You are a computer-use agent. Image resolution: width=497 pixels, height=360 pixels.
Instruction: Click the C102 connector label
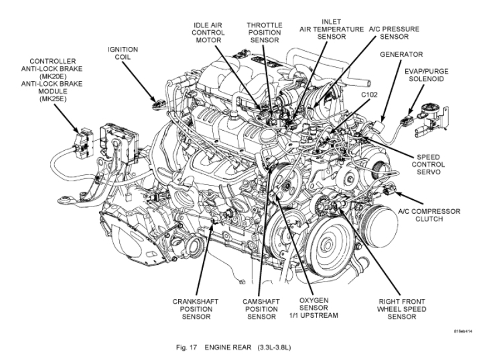(369, 95)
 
